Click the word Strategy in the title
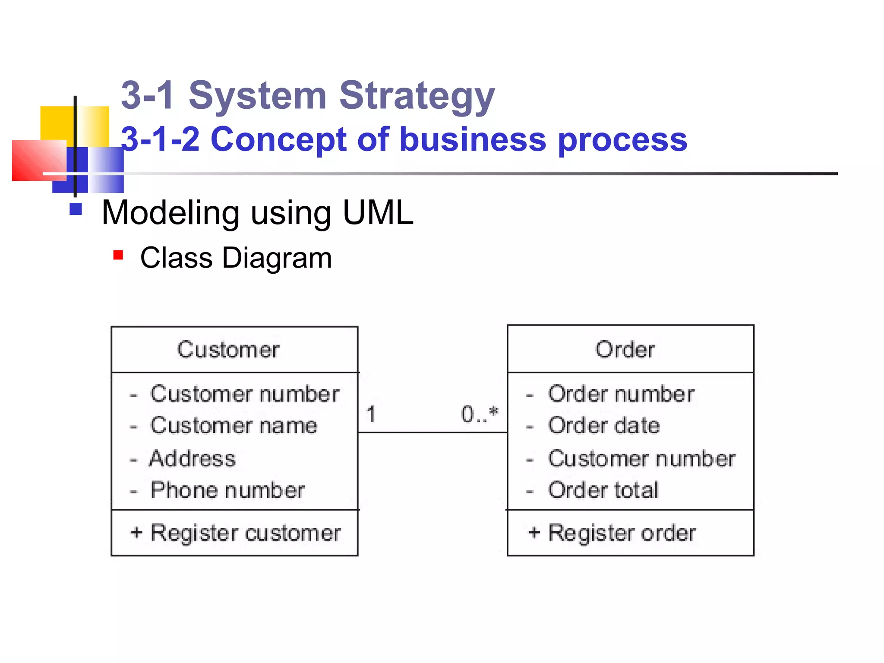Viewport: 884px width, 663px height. (x=417, y=96)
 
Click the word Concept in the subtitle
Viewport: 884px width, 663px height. (x=279, y=139)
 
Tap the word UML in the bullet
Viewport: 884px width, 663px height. (x=378, y=213)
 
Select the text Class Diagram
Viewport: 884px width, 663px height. (x=236, y=258)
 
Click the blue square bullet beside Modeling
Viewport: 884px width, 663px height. (x=76, y=209)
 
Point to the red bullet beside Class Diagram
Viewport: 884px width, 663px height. (x=118, y=255)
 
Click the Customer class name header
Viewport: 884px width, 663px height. (x=228, y=350)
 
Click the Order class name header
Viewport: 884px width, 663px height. (x=625, y=350)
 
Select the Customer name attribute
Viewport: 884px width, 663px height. (x=234, y=426)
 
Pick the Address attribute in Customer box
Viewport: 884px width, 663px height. (x=193, y=458)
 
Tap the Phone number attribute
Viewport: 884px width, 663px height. (x=227, y=490)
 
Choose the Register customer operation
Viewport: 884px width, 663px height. (x=245, y=533)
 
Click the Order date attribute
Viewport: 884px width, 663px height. (x=604, y=426)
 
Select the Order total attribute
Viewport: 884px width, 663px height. (x=603, y=490)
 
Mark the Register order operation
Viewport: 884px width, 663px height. (x=622, y=533)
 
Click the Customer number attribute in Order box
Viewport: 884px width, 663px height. (x=641, y=458)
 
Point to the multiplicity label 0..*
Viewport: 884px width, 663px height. (x=479, y=414)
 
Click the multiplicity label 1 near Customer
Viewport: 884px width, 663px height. (x=371, y=414)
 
